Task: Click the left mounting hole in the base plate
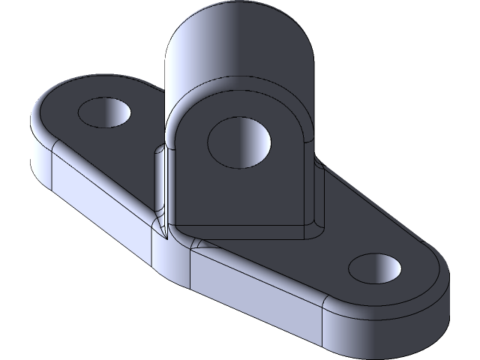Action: tap(106, 113)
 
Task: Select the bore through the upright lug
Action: tap(238, 140)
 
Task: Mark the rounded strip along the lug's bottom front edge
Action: tap(247, 234)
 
